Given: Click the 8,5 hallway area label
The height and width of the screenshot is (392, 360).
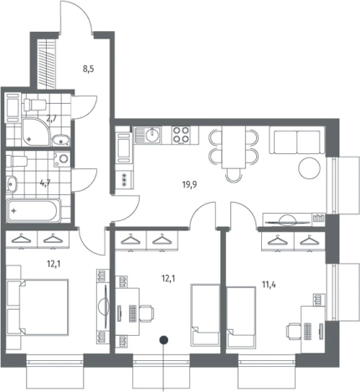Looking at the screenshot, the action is point(88,69).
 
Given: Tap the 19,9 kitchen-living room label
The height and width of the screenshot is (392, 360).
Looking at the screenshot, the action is point(189,184).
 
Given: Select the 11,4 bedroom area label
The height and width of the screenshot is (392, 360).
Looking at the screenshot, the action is point(269,286).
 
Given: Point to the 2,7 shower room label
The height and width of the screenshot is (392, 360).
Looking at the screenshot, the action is point(51,119).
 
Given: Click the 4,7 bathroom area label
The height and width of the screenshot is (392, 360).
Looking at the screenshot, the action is point(45,183).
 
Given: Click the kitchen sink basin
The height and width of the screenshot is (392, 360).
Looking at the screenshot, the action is point(152,135).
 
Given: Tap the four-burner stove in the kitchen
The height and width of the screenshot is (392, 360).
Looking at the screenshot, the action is point(181,135).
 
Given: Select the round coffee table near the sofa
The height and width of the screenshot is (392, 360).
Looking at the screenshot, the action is point(309,168).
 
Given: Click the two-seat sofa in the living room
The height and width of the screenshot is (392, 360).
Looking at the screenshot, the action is point(296,140).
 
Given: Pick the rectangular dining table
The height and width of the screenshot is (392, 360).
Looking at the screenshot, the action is point(234,147).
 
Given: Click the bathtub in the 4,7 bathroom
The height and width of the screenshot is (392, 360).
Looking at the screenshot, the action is point(33,210).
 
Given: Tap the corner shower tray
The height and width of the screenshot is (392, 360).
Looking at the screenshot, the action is point(37,132).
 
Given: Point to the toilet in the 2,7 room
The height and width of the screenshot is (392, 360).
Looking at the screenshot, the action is point(35,105).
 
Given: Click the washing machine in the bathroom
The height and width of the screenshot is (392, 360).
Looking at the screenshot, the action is point(62,159).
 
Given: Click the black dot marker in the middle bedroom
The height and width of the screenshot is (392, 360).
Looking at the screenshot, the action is point(163,340).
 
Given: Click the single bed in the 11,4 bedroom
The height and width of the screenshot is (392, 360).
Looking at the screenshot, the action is point(241,318).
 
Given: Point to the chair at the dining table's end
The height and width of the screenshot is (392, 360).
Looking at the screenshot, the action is point(234,175).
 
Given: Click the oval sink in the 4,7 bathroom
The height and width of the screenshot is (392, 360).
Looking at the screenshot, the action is point(12,184).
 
